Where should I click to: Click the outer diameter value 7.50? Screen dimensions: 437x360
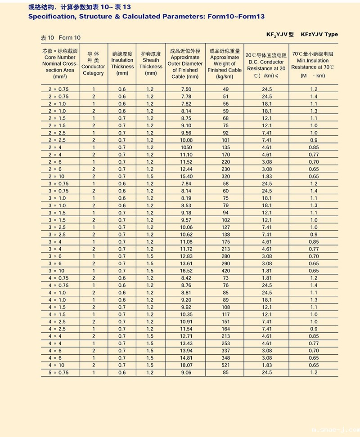(x=186, y=89)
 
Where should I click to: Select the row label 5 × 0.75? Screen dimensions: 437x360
(x=58, y=372)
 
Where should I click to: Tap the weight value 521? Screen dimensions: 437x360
(x=225, y=365)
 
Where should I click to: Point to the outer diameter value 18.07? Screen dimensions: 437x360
(x=186, y=365)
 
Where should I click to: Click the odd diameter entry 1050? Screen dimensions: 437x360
(x=186, y=147)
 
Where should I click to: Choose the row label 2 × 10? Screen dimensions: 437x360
(x=58, y=176)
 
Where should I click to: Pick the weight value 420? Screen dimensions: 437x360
(x=225, y=271)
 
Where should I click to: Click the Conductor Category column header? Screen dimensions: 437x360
(x=93, y=63)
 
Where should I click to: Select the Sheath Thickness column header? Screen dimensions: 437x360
(x=151, y=63)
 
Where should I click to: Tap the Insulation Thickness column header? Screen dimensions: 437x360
(x=122, y=63)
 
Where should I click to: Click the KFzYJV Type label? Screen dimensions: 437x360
(x=319, y=35)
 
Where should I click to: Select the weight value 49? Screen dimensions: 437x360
(x=225, y=89)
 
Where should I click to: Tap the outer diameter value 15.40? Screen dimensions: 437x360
(x=186, y=176)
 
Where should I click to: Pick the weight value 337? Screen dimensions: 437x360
(x=225, y=351)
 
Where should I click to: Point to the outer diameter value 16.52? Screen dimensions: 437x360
(x=186, y=271)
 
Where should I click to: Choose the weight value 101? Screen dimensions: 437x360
(x=225, y=140)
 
